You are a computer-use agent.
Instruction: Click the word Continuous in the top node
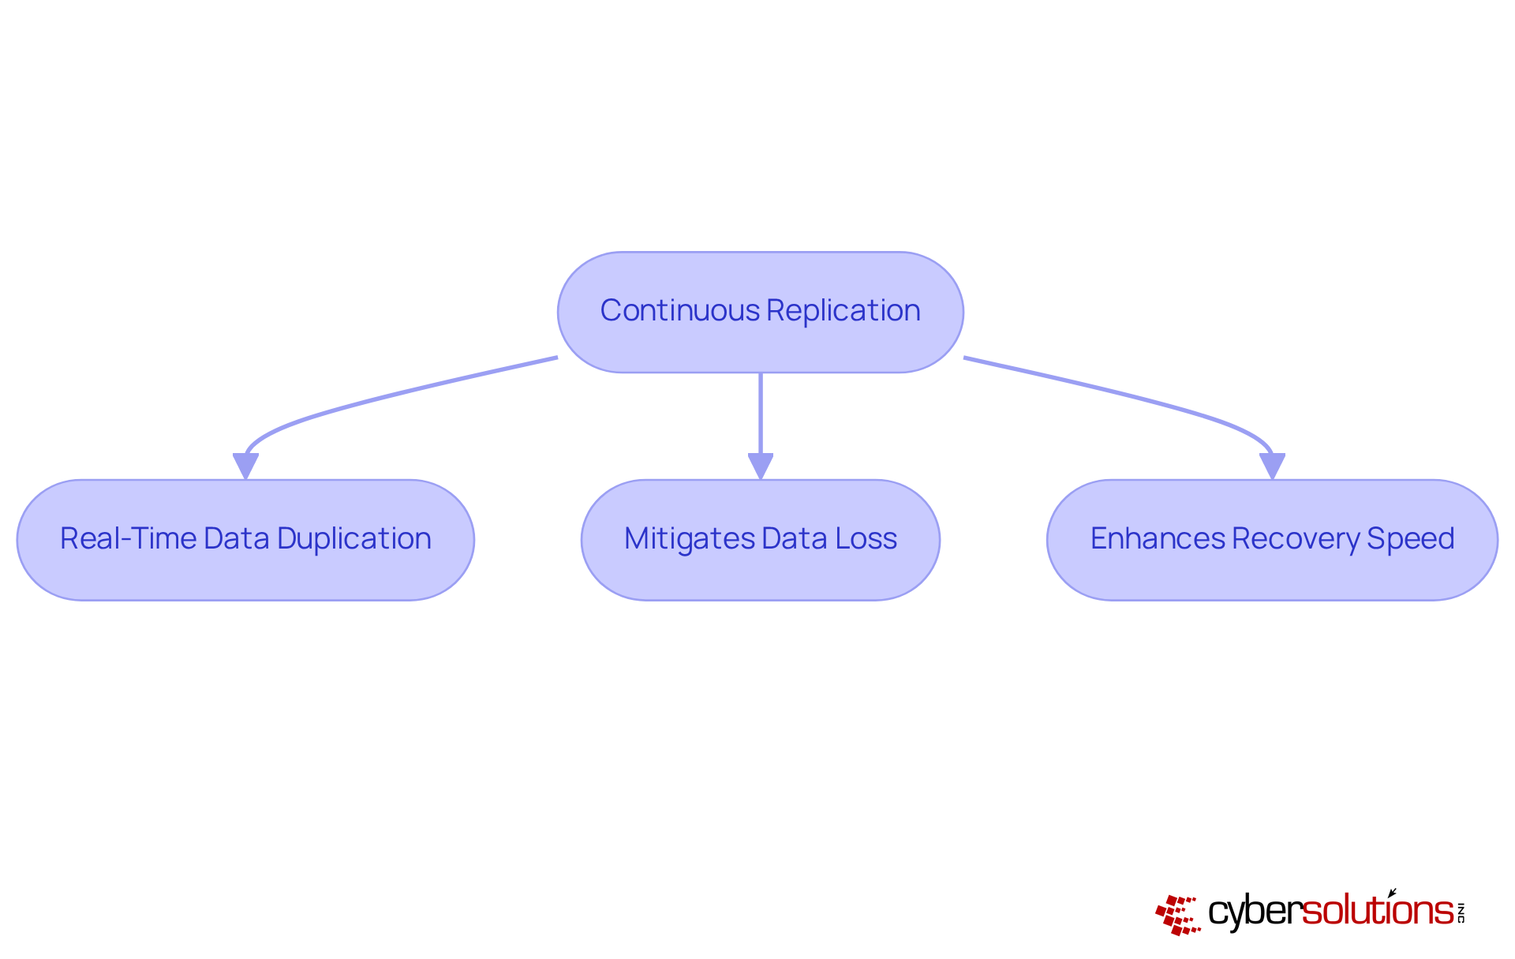[x=679, y=311]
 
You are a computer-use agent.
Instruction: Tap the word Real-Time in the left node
[x=128, y=539]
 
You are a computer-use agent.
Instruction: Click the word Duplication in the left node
[x=354, y=539]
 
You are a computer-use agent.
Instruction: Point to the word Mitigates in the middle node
[x=690, y=539]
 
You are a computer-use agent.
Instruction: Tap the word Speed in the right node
[x=1410, y=539]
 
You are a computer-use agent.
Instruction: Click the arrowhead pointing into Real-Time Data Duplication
[x=245, y=465]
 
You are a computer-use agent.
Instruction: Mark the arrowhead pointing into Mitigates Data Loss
[x=760, y=465]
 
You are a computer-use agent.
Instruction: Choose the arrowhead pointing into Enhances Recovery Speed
[x=1272, y=465]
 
